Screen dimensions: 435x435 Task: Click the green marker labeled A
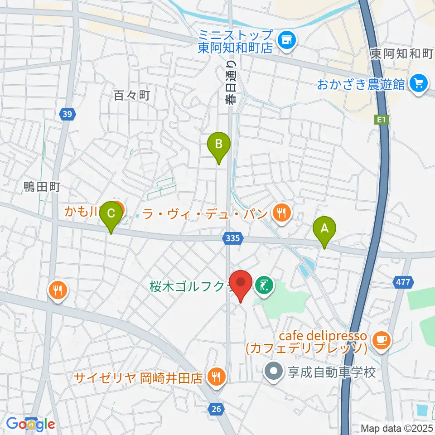click(324, 230)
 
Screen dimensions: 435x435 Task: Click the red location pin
click(241, 284)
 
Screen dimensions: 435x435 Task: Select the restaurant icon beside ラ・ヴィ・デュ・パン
click(282, 212)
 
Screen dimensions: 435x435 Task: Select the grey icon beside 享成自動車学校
click(274, 372)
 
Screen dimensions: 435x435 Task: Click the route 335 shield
click(234, 237)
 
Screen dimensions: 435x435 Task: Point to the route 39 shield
click(67, 114)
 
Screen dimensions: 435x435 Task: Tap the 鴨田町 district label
click(42, 187)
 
